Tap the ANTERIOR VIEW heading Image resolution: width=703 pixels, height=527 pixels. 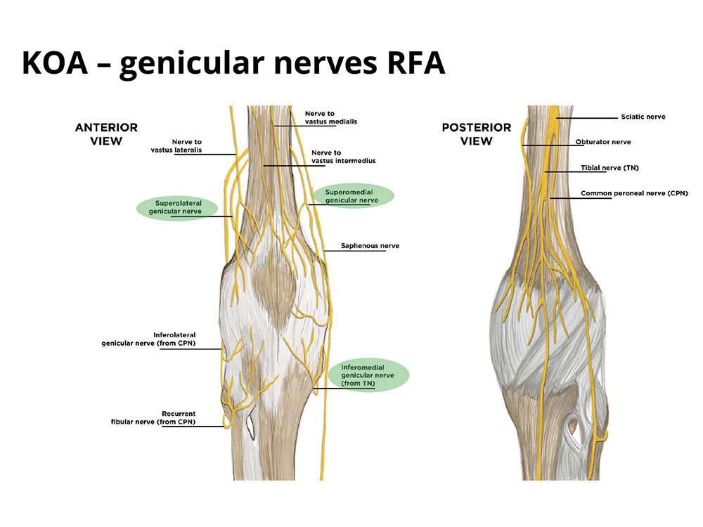click(x=106, y=134)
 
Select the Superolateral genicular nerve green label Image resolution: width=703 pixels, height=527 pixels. click(x=174, y=207)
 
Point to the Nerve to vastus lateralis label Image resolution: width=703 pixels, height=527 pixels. click(x=182, y=146)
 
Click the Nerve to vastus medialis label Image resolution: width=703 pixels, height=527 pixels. click(x=330, y=117)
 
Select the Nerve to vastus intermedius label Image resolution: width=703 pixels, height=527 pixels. click(x=343, y=157)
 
